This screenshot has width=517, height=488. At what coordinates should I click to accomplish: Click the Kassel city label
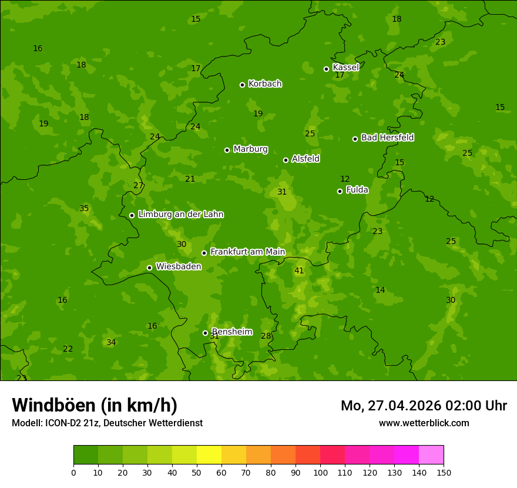tap(345, 68)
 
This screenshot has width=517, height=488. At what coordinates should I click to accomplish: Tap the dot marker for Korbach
tap(242, 85)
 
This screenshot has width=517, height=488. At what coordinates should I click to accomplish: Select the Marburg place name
tap(250, 149)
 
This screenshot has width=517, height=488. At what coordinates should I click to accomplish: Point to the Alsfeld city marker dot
tap(286, 160)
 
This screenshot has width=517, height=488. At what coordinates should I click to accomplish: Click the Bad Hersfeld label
tap(387, 138)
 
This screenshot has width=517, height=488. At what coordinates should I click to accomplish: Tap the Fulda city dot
tap(340, 191)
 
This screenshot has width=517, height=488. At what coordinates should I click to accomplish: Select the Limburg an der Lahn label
tap(180, 215)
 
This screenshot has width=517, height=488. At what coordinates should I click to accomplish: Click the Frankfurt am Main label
tap(247, 252)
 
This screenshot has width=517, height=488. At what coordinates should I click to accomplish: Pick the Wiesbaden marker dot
tap(149, 268)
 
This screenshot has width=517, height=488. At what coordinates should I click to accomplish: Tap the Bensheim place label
tap(231, 332)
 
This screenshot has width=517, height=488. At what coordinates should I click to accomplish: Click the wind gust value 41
tap(299, 271)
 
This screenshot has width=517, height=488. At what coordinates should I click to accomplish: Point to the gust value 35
tap(84, 209)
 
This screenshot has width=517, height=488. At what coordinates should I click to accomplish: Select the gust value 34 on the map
tap(111, 343)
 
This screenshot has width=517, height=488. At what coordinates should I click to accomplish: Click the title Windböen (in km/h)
tap(95, 405)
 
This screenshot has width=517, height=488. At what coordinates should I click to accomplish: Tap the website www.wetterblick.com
tap(424, 423)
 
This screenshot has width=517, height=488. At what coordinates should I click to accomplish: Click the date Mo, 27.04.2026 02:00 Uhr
tap(424, 406)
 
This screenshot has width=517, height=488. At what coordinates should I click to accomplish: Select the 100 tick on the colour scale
tap(320, 472)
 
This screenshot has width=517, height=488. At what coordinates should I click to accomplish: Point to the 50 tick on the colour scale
tap(197, 472)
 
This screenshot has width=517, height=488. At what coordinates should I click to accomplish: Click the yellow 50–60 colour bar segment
tap(209, 454)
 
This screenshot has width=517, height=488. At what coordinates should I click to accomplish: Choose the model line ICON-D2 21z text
tap(107, 423)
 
